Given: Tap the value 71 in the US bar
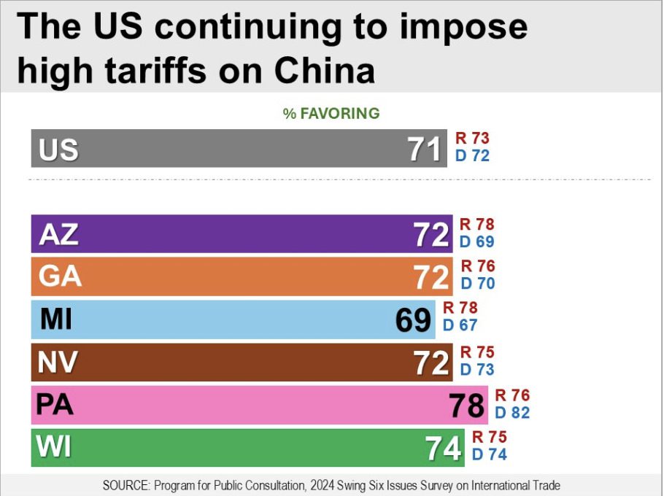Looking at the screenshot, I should [x=425, y=150].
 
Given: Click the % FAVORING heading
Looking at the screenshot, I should [x=331, y=113].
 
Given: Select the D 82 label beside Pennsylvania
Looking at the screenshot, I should [x=512, y=413].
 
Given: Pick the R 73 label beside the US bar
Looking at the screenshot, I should [x=472, y=138].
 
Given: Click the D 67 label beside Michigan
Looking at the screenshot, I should [x=460, y=325].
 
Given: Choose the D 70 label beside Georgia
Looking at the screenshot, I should [x=477, y=283].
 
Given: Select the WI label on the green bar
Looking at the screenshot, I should [x=55, y=447].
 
